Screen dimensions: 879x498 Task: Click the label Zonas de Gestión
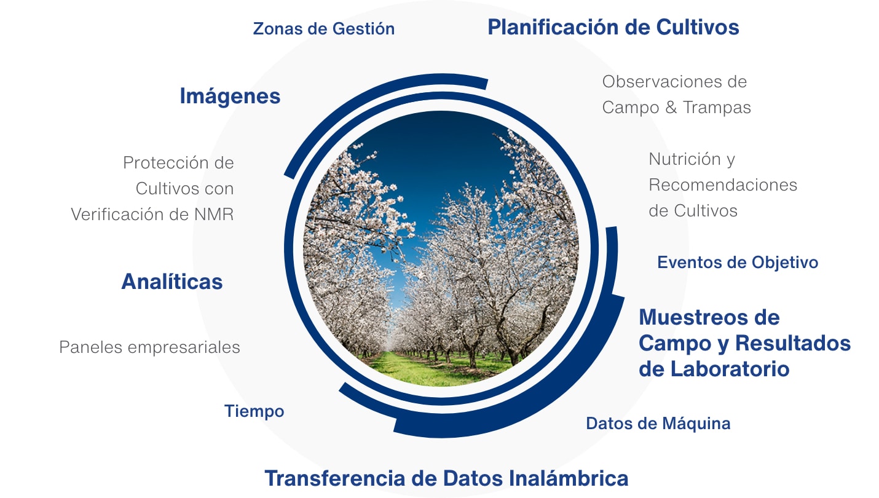click(x=324, y=29)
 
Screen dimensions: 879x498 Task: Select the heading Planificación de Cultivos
click(x=613, y=27)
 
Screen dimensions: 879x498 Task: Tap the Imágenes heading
click(x=230, y=96)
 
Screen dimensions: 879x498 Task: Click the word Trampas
click(x=717, y=108)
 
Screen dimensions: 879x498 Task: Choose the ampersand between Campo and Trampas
click(x=671, y=108)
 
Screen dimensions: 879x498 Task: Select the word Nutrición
click(x=685, y=159)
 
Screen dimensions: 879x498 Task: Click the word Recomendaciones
click(x=723, y=185)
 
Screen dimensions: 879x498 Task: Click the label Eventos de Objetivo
click(x=738, y=263)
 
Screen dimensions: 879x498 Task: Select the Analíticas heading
click(x=172, y=282)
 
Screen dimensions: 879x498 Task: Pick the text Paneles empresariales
click(x=149, y=347)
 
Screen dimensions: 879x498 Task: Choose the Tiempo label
click(x=254, y=411)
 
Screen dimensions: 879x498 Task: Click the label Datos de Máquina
click(x=658, y=424)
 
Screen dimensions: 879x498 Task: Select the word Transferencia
click(x=335, y=478)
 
